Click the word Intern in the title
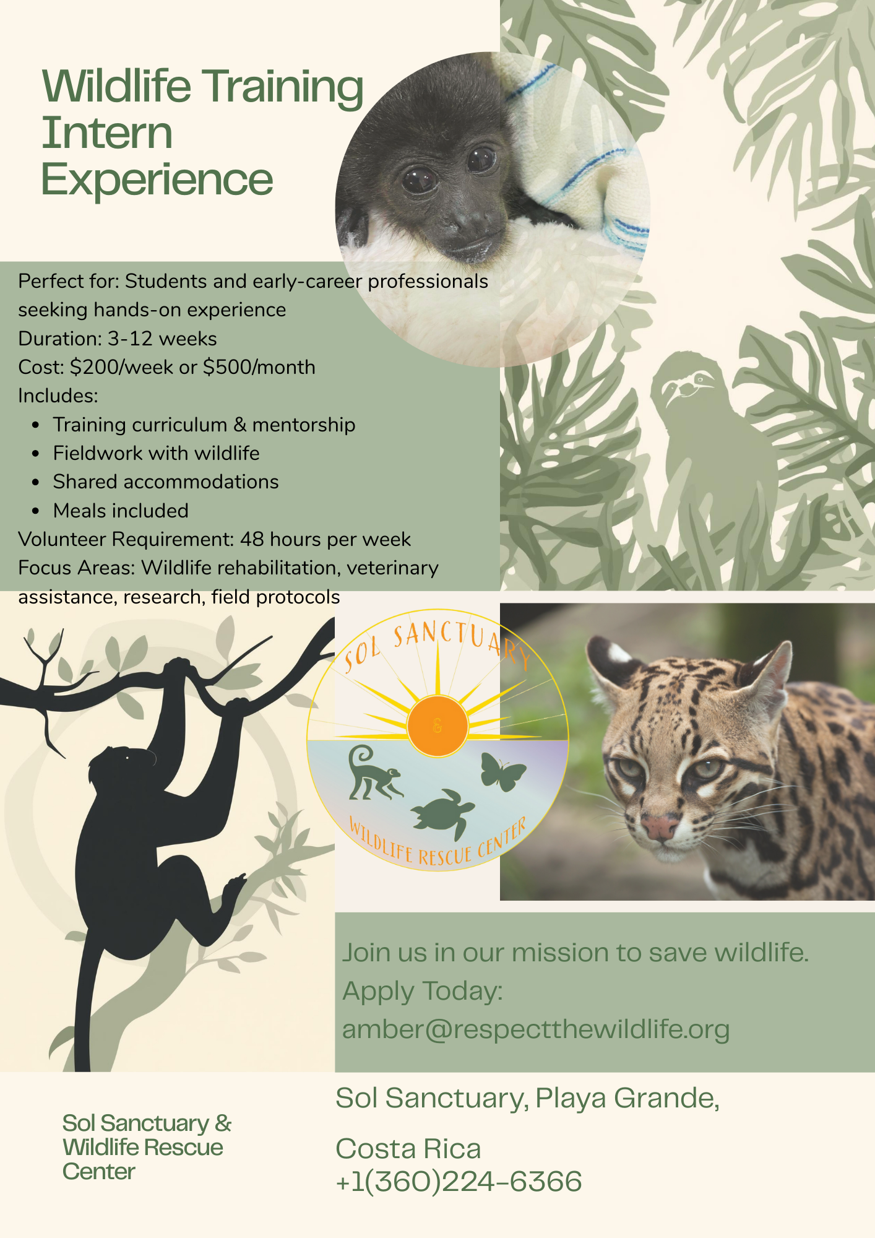[107, 133]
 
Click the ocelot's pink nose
[660, 826]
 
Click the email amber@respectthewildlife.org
[536, 1029]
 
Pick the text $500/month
[259, 367]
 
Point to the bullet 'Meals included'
[121, 511]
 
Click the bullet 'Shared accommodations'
[166, 482]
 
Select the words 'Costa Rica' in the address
[408, 1149]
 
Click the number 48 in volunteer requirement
[252, 539]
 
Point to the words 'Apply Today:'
[423, 991]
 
